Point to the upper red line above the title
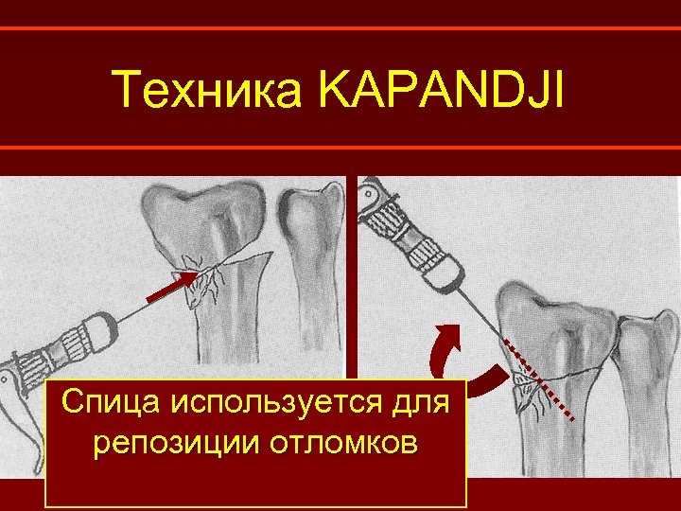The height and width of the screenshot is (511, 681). [x=340, y=28]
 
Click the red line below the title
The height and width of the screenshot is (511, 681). [x=340, y=148]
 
